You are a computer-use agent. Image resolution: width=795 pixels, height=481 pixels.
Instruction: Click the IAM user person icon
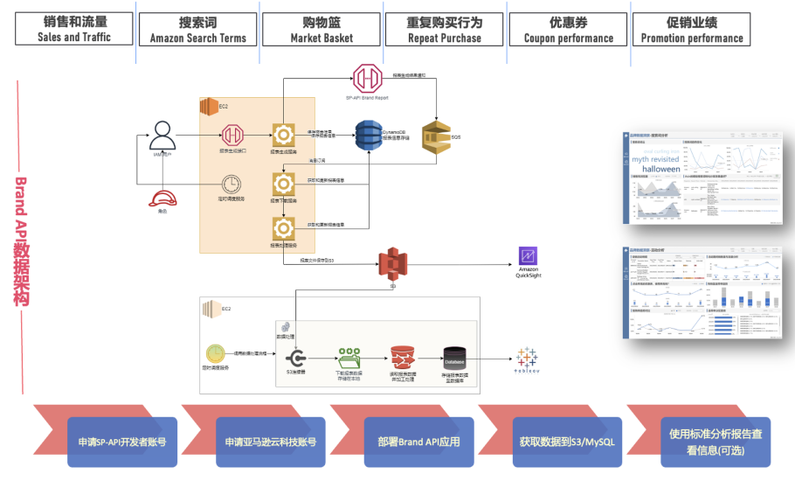[162, 136]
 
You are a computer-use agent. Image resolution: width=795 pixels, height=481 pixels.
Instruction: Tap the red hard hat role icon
[160, 199]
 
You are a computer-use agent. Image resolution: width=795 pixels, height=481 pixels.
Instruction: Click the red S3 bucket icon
[392, 263]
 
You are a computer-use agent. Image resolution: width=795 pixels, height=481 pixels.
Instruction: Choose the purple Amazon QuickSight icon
[529, 256]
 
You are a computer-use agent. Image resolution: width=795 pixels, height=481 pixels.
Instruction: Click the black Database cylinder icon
[454, 359]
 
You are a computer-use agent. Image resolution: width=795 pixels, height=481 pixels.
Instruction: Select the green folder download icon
[349, 359]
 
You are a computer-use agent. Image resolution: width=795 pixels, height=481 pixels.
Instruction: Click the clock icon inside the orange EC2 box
[232, 185]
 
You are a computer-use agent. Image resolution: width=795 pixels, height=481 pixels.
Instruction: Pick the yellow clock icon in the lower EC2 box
[215, 353]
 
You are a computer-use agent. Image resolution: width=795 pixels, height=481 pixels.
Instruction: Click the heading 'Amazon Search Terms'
[198, 38]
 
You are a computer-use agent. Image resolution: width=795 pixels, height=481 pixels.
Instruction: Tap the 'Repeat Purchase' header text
[444, 38]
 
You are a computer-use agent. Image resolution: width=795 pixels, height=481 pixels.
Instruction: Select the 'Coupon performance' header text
[568, 38]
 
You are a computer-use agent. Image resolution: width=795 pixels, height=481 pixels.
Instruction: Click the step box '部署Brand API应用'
[418, 442]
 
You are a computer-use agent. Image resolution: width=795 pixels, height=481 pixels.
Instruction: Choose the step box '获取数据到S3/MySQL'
[567, 442]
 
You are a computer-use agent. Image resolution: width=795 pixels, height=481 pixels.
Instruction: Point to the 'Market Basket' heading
[321, 38]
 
